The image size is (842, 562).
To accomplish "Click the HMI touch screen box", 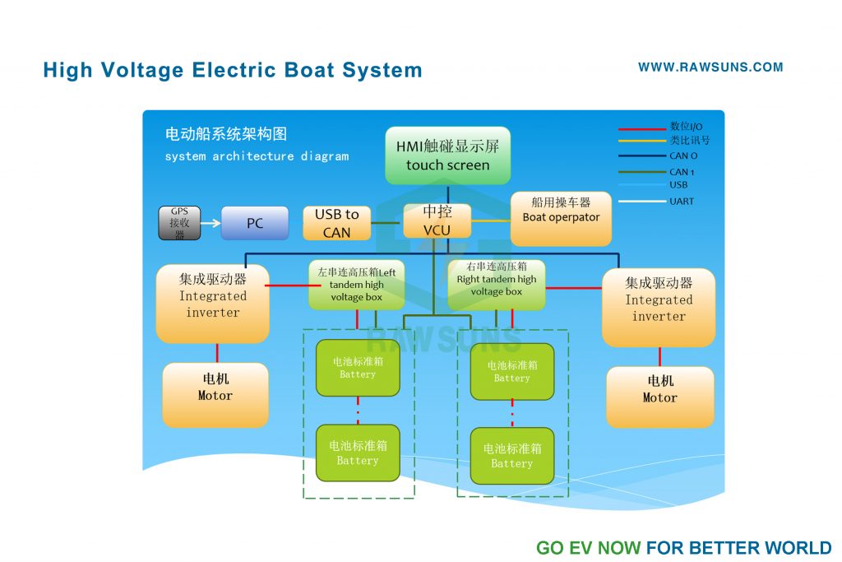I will point(447,156).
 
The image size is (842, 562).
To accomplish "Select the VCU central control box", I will point(437,221).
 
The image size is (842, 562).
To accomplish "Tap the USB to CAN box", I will point(336,223).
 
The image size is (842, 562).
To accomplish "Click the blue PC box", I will point(255,223).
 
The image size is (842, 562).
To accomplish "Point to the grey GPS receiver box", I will point(179,223).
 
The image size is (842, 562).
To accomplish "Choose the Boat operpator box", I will point(561,218).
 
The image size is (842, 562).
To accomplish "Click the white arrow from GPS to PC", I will point(210,223).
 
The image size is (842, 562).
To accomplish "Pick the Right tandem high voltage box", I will point(496,284).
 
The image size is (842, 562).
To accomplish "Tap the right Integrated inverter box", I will point(658,307).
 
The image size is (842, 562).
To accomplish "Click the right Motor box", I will point(659,397).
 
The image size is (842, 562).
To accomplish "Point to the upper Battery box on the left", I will point(358,368).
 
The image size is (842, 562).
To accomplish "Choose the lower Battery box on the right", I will point(512,456).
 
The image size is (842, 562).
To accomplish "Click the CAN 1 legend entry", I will point(681,172).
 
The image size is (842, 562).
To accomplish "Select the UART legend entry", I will point(681,202).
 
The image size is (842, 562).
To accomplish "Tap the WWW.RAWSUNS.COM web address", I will point(710,67).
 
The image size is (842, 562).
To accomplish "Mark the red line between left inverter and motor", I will point(217,353).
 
